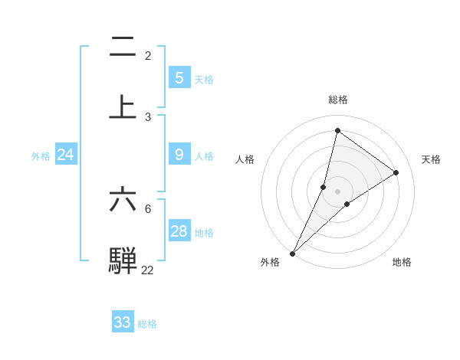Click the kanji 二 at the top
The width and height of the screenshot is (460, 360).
coord(123,47)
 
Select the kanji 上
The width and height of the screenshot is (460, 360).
coord(123,107)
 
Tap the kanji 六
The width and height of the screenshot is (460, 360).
coord(123,199)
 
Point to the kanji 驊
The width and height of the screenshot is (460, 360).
coord(123,260)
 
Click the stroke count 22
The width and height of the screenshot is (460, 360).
coord(147,270)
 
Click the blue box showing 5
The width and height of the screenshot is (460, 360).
coord(179,77)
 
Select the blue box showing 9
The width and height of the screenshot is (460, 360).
coord(179,155)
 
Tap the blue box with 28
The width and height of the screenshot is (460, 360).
coord(179,231)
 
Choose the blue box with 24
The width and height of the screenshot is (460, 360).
coord(65,155)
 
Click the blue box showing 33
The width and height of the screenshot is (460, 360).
coord(122,322)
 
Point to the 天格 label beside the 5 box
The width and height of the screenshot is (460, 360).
coord(204,79)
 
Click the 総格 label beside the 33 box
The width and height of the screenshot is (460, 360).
coord(147,324)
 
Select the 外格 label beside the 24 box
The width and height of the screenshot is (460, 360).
coord(41,156)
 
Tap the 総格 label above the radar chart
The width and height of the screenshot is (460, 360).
coord(338,100)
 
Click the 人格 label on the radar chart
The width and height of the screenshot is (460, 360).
coord(245,159)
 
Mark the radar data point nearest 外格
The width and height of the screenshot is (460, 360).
coord(292,253)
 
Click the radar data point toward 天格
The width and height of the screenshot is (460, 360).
coord(396,172)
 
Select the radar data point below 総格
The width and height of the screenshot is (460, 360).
coord(337,130)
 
